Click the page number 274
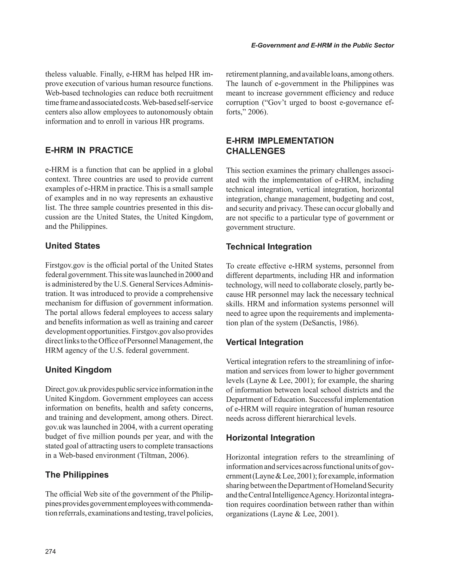(51, 551)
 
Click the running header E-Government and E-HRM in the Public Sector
(322, 45)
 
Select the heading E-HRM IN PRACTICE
(89, 150)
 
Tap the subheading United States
(73, 246)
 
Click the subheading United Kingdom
(78, 370)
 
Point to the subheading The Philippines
(77, 475)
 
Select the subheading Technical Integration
(269, 247)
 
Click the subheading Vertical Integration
(264, 342)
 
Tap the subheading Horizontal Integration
(270, 438)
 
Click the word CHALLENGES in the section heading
(255, 151)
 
